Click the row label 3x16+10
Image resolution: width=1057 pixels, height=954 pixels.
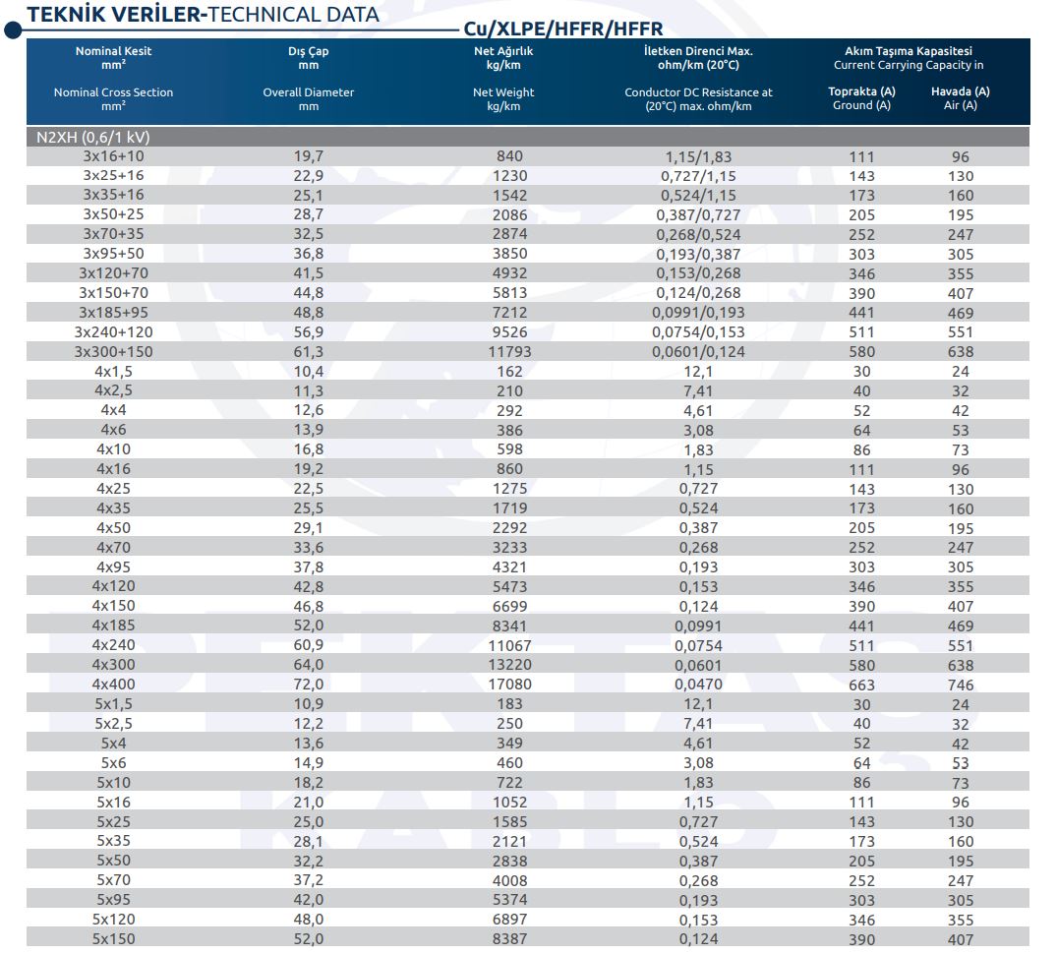[x=113, y=156]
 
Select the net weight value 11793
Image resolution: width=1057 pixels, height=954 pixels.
[x=509, y=352]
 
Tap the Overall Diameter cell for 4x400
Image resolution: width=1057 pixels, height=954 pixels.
[x=308, y=685]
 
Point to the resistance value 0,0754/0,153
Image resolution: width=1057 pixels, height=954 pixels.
[x=698, y=332]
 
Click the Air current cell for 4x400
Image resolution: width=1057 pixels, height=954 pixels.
[x=961, y=685]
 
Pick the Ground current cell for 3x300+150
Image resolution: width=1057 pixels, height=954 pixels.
[x=861, y=352]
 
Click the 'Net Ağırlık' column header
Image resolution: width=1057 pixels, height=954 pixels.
[x=502, y=51]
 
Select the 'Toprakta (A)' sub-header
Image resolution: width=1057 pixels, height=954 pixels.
[x=861, y=91]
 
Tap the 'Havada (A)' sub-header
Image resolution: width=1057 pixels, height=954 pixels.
[x=961, y=91]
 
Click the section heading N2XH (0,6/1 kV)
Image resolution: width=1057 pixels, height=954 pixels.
[x=93, y=137]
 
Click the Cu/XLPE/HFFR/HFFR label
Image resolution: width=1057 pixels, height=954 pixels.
[x=563, y=29]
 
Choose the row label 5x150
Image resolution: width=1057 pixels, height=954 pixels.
[x=113, y=938]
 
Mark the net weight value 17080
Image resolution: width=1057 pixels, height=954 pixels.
[x=509, y=685]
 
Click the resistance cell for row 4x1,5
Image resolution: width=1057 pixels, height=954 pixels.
[x=698, y=372]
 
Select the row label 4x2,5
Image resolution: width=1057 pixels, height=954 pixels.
[x=113, y=391]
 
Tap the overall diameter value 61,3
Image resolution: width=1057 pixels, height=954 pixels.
[x=308, y=352]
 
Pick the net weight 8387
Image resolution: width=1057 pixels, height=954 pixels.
[x=509, y=938]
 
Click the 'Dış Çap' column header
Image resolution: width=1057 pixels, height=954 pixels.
[x=308, y=51]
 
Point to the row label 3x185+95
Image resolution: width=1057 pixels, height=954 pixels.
[x=113, y=313]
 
